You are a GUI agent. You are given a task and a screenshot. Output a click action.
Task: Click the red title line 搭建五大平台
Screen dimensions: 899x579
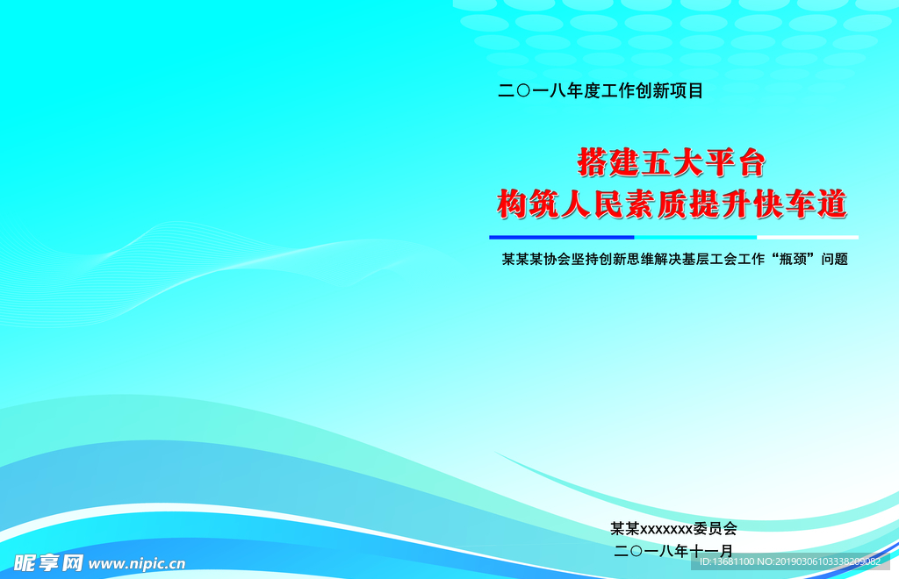click(x=672, y=162)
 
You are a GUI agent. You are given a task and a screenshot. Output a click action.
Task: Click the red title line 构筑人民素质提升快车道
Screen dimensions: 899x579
click(x=672, y=204)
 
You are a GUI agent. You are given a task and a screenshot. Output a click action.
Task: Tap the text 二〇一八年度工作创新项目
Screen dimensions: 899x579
click(x=601, y=90)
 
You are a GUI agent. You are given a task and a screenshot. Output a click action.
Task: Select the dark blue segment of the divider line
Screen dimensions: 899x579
click(x=561, y=237)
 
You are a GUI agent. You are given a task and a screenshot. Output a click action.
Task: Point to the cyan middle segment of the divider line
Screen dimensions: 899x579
click(x=695, y=237)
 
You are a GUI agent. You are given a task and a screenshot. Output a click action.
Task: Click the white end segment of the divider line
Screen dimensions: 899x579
click(x=808, y=237)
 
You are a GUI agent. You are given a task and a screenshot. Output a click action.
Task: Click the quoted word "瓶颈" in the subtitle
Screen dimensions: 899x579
click(x=793, y=259)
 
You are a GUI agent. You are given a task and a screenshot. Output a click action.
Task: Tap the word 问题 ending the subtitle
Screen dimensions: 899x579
click(x=834, y=259)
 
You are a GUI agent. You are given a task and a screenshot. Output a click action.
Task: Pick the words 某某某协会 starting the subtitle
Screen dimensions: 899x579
click(x=536, y=259)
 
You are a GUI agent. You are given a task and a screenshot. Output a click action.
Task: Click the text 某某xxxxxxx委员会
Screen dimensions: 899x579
click(x=673, y=527)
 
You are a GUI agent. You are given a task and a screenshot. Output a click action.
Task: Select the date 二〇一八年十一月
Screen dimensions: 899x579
click(x=673, y=551)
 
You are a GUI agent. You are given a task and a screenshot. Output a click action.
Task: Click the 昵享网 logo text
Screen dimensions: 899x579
click(x=48, y=563)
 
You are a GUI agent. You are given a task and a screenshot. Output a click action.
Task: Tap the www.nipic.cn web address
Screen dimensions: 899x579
click(x=137, y=564)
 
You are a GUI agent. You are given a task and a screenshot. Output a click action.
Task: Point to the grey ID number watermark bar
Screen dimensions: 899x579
click(x=790, y=561)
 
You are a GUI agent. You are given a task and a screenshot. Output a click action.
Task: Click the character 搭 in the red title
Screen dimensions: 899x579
click(x=592, y=162)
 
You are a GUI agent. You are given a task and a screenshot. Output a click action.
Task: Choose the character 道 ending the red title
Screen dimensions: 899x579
click(x=832, y=204)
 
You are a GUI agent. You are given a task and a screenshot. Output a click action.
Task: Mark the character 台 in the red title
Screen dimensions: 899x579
click(x=752, y=162)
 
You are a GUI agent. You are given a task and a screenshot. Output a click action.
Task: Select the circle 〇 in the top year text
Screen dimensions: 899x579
click(x=523, y=90)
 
